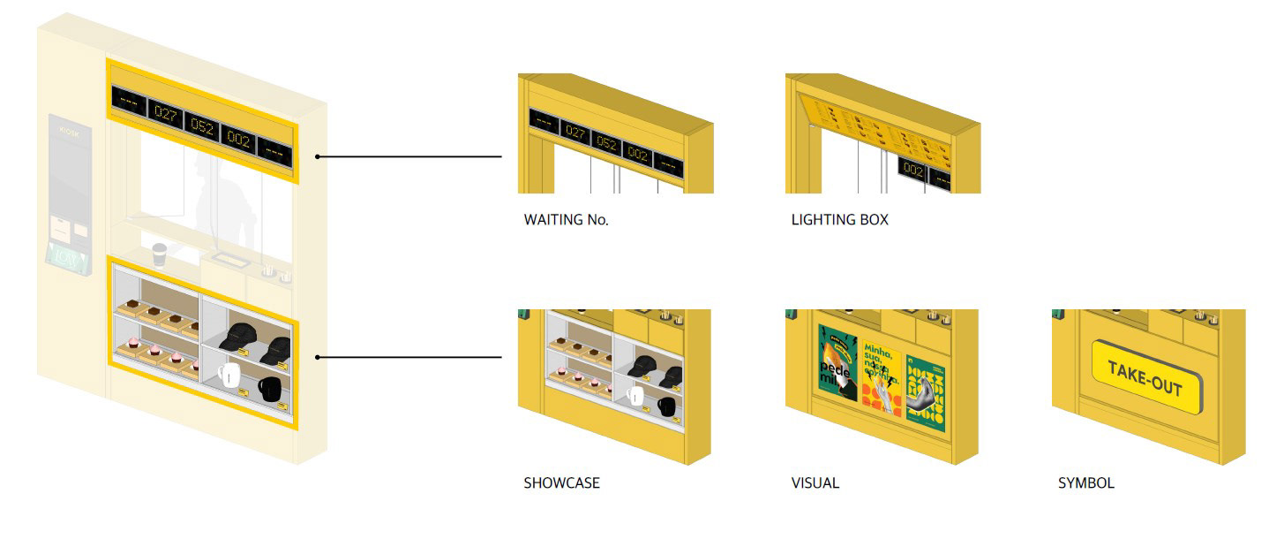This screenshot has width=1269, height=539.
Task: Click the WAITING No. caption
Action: [566, 220]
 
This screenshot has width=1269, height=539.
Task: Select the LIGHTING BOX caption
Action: [839, 220]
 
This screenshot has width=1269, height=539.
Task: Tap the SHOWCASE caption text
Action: [561, 483]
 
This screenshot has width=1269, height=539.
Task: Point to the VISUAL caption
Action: [815, 483]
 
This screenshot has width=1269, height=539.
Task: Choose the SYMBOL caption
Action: [1085, 483]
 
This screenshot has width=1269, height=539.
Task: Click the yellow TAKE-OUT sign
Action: [1148, 377]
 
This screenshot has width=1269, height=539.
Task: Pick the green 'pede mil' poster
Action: [837, 363]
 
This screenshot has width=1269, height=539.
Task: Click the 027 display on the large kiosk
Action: [166, 113]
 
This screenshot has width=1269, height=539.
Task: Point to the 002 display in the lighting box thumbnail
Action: [913, 171]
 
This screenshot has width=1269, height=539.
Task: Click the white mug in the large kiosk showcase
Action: [229, 375]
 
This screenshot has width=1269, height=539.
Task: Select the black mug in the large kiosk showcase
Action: [268, 387]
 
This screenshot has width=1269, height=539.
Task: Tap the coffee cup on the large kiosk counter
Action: [159, 254]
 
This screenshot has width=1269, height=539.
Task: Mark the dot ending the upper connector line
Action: [318, 157]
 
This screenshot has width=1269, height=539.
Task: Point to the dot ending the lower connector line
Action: [318, 358]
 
